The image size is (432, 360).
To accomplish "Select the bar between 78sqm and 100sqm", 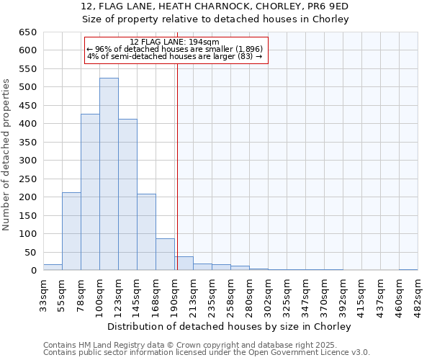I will [90, 192].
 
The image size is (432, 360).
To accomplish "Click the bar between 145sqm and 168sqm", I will [146, 232].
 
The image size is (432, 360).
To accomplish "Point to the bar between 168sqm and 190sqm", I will [165, 254].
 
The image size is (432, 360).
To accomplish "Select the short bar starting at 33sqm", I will [53, 267].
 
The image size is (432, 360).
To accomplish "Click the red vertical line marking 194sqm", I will [177, 166].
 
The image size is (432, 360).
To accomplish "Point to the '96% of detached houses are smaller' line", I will [175, 49].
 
